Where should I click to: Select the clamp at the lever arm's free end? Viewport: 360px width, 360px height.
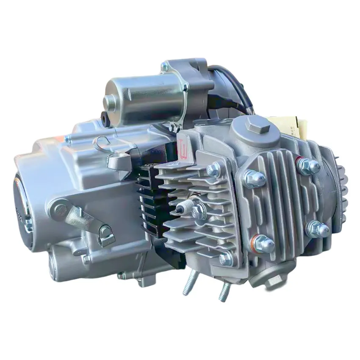click(x=106, y=234)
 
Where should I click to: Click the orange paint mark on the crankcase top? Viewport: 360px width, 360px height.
click(x=66, y=139)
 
